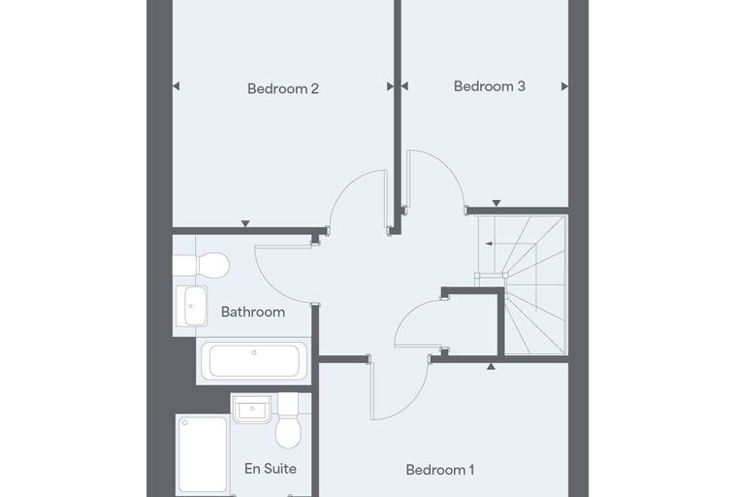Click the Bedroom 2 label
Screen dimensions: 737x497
283,88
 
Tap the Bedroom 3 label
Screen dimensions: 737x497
490,86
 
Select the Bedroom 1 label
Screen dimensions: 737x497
440,470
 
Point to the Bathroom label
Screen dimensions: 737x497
253,312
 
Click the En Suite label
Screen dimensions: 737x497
271,469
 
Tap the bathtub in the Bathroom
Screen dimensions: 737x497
254,360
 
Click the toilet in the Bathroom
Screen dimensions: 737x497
201,265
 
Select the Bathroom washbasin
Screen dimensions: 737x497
192,306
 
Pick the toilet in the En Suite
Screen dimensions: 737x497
288,420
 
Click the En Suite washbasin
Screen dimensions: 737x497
252,409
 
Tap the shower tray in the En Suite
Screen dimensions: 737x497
203,454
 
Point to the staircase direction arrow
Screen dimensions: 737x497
489,244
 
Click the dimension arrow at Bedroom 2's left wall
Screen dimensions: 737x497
176,86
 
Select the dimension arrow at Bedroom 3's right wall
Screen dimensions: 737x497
565,86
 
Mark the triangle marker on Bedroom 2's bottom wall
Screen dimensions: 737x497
245,223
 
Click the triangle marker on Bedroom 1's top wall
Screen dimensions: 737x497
491,366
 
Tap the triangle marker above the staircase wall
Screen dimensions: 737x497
497,203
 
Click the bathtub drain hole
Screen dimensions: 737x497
254,352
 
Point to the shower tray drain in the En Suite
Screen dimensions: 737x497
185,422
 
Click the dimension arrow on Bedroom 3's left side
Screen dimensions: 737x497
404,86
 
